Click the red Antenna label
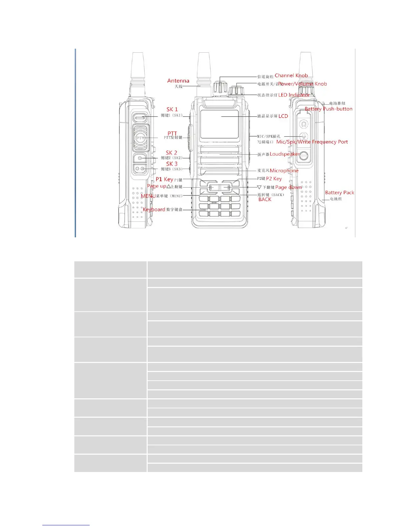coord(178,81)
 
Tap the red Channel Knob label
coord(291,76)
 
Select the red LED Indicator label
coord(294,95)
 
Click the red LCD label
coord(283,116)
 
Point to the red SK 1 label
coord(172,109)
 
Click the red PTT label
coord(172,133)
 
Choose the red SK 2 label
coord(171,153)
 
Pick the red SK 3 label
coord(172,164)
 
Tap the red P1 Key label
coord(164,179)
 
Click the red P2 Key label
coord(274,179)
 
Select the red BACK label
coord(265,199)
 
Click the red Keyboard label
coord(154,209)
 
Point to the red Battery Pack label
coord(339,193)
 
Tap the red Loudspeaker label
coord(285,154)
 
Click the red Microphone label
coord(284,171)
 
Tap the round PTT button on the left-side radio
coord(141,138)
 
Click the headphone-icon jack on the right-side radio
coord(303,124)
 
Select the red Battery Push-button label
coord(328,109)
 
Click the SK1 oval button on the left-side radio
coord(141,117)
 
